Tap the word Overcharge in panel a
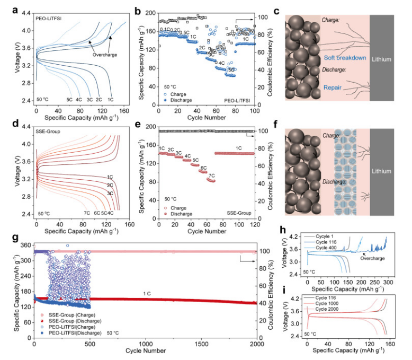point(105,54)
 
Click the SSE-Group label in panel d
point(48,129)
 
